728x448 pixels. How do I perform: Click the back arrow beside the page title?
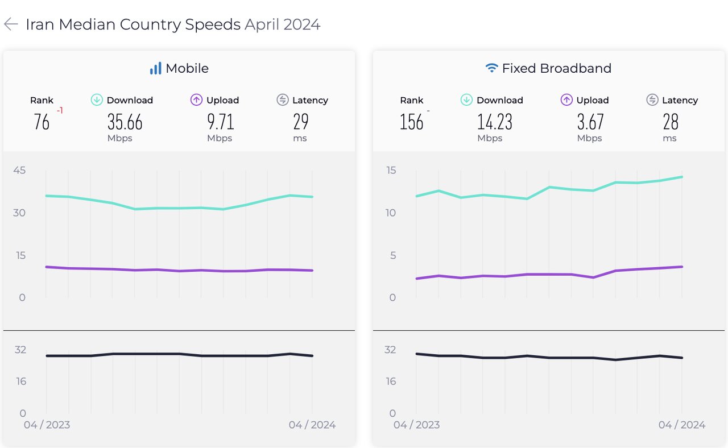pos(11,24)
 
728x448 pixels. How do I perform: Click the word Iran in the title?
pos(40,24)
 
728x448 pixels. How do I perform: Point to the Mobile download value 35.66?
pos(125,122)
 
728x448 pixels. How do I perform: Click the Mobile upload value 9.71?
pos(220,122)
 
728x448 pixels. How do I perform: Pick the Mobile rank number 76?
pos(42,122)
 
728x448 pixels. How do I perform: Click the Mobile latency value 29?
pos(301,122)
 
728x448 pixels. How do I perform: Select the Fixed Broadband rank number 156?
pos(411,122)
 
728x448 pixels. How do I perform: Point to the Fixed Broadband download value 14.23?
pos(495,122)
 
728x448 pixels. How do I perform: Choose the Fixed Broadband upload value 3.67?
pos(590,122)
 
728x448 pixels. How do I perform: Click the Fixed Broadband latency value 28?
pos(671,122)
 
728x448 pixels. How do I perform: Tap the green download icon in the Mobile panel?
pos(97,100)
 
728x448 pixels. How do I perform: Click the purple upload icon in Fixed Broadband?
pos(566,100)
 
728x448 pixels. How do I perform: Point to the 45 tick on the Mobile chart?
pos(20,170)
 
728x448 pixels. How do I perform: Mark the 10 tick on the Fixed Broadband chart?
pos(390,213)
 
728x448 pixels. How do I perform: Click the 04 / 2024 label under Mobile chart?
pos(312,425)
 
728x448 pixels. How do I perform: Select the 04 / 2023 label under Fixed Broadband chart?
pos(416,425)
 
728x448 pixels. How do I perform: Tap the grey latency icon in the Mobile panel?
pos(283,100)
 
